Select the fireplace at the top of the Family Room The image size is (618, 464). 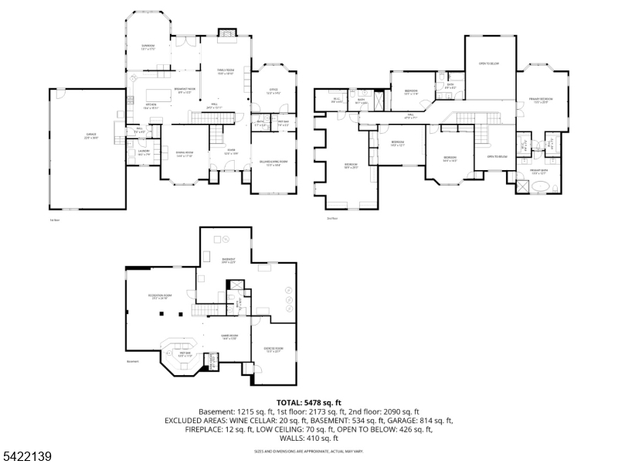pyautogui.click(x=225, y=32)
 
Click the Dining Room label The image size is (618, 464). pyautogui.click(x=183, y=154)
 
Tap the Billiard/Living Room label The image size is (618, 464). pyautogui.click(x=273, y=162)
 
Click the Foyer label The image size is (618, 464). pyautogui.click(x=230, y=152)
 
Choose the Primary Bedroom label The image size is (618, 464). pyautogui.click(x=541, y=100)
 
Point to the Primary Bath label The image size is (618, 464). pyautogui.click(x=538, y=171)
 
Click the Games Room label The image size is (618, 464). pyautogui.click(x=229, y=336)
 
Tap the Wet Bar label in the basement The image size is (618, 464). pyautogui.click(x=185, y=353)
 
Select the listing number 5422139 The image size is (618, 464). pyautogui.click(x=27, y=457)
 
